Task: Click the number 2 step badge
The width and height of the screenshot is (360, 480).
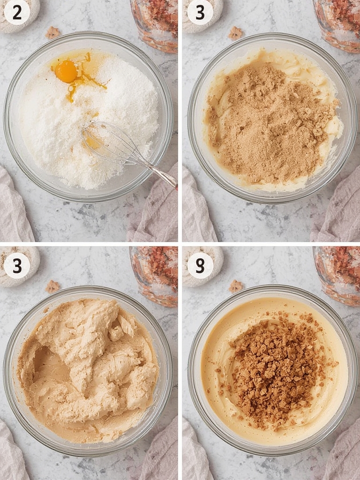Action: [17, 12]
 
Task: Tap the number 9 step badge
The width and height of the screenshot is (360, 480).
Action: [200, 265]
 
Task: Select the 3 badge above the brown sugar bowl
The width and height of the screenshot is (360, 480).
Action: [200, 12]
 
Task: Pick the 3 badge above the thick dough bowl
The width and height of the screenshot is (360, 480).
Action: [17, 265]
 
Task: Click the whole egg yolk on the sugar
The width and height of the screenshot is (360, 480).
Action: [66, 71]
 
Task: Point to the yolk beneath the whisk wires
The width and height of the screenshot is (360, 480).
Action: [92, 142]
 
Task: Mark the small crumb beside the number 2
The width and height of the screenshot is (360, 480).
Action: [52, 32]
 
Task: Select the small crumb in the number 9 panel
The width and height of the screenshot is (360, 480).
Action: [236, 286]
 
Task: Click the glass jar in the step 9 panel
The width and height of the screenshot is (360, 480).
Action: [337, 276]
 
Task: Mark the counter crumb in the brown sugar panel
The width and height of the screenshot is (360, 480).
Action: [235, 33]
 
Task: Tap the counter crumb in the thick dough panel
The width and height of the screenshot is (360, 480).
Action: [52, 286]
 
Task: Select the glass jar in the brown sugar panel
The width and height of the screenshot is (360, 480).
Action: [337, 24]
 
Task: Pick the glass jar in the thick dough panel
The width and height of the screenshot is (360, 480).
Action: [154, 276]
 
